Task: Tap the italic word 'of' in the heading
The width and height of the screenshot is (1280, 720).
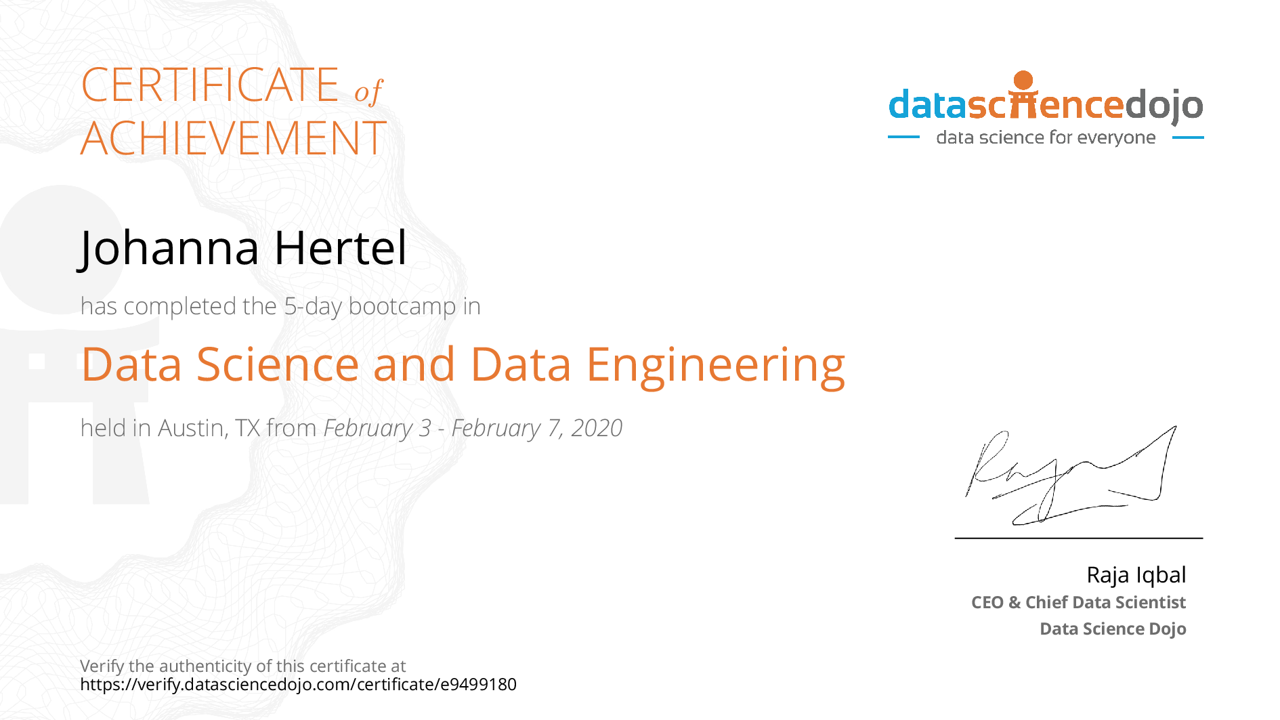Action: click(x=368, y=91)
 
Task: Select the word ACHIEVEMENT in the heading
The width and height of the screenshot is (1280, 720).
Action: click(x=233, y=138)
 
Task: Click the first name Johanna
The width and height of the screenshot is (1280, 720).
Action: click(x=169, y=248)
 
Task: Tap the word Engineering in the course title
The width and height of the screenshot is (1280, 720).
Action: click(x=716, y=366)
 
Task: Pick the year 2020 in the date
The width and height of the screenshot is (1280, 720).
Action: click(x=597, y=428)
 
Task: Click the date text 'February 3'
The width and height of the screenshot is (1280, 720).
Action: click(x=377, y=429)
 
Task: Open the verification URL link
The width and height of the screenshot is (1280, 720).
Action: click(x=298, y=684)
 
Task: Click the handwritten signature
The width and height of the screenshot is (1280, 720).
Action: click(x=1071, y=475)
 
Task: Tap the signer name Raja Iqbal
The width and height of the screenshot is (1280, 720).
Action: click(x=1136, y=575)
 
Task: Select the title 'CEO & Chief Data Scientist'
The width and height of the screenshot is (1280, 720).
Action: click(x=1078, y=602)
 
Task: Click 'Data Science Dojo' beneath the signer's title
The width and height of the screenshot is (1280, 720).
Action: click(x=1113, y=629)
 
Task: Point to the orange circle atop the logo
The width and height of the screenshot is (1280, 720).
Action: click(x=1023, y=80)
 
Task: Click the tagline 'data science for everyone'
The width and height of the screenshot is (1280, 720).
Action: click(x=1046, y=137)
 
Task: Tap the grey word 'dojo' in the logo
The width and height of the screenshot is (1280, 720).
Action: click(x=1164, y=106)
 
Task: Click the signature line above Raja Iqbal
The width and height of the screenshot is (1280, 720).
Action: click(x=1079, y=538)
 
